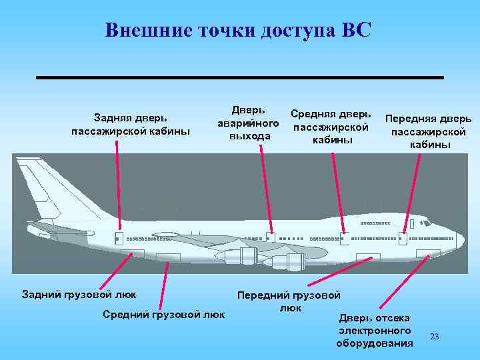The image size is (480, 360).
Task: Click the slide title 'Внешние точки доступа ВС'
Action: click(x=237, y=31)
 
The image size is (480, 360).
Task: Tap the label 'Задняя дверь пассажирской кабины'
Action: click(x=131, y=125)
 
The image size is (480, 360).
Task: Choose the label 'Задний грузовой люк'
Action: click(x=79, y=294)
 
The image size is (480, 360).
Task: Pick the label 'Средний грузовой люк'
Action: click(x=163, y=314)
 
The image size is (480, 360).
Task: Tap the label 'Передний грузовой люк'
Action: click(x=289, y=301)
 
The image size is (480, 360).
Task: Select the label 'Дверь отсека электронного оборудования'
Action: click(x=375, y=330)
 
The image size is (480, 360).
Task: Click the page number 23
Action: click(x=435, y=336)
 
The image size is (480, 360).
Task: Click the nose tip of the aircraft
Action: click(x=462, y=237)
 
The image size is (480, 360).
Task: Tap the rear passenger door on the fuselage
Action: click(x=119, y=238)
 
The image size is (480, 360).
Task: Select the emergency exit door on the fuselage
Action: click(x=271, y=237)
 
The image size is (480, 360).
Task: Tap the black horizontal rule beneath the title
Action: click(x=239, y=78)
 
